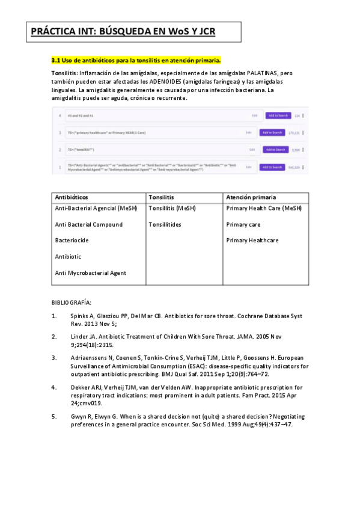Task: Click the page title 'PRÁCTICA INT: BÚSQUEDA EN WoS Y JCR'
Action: pyautogui.click(x=123, y=31)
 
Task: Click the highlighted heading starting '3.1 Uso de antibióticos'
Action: pyautogui.click(x=136, y=61)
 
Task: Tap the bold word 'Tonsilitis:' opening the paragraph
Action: pyautogui.click(x=64, y=73)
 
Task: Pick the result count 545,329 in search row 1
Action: pyautogui.click(x=294, y=167)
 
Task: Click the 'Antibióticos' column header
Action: pyautogui.click(x=72, y=197)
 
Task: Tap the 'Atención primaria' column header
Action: pyautogui.click(x=251, y=197)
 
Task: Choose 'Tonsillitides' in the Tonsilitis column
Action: pyautogui.click(x=165, y=224)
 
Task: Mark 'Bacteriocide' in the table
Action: pyautogui.click(x=72, y=241)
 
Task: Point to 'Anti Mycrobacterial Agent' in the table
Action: pyautogui.click(x=90, y=273)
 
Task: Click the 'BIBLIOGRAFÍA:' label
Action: pyautogui.click(x=72, y=302)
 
